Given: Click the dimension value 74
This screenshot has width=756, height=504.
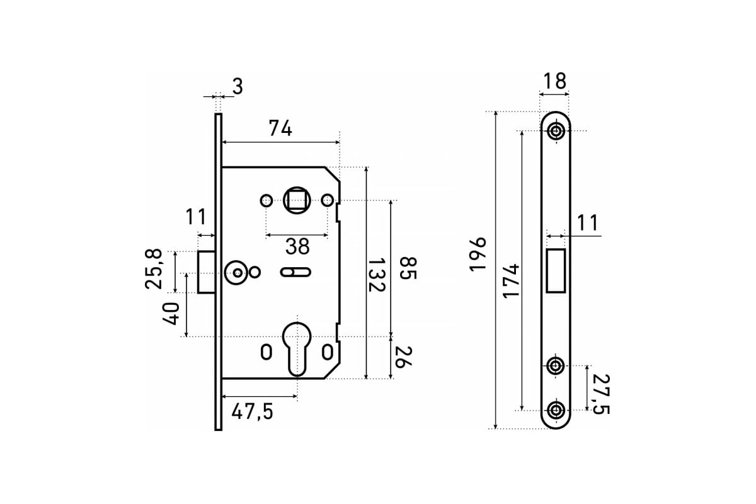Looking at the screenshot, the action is tap(280, 129).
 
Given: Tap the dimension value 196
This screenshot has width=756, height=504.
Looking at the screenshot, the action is tap(478, 254).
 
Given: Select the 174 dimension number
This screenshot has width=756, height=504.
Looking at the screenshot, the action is tap(511, 281).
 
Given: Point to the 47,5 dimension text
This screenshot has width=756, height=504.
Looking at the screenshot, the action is tap(252, 412).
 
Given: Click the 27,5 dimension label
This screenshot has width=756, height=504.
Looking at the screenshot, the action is tap(601, 394).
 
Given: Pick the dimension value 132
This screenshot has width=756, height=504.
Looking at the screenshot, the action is tap(376, 275).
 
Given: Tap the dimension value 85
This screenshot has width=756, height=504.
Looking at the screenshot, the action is tap(408, 268).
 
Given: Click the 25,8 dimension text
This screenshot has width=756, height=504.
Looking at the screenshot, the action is tap(154, 269).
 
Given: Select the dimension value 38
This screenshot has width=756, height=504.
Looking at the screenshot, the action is tap(297, 246).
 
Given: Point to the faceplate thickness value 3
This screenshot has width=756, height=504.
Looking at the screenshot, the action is tap(238, 86).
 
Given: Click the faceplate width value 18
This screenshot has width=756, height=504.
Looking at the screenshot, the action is tap(555, 81).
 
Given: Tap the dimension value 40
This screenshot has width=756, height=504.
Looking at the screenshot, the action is tap(171, 314).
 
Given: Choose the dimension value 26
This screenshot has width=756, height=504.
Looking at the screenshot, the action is tap(404, 357).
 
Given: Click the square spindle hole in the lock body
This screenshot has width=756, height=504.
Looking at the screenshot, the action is tap(296, 200).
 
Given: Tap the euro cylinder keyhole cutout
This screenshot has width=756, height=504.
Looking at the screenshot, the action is tap(297, 349).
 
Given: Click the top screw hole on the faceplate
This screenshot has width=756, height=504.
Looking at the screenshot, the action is tap(555, 131).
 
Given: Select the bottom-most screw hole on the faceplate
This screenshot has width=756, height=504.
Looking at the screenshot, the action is tap(555, 410).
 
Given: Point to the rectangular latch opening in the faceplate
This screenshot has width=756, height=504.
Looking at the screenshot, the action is tap(556, 271).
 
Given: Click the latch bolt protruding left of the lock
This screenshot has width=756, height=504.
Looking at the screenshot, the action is tap(206, 272).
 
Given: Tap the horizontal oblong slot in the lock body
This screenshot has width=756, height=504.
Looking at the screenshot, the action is tap(295, 272).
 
